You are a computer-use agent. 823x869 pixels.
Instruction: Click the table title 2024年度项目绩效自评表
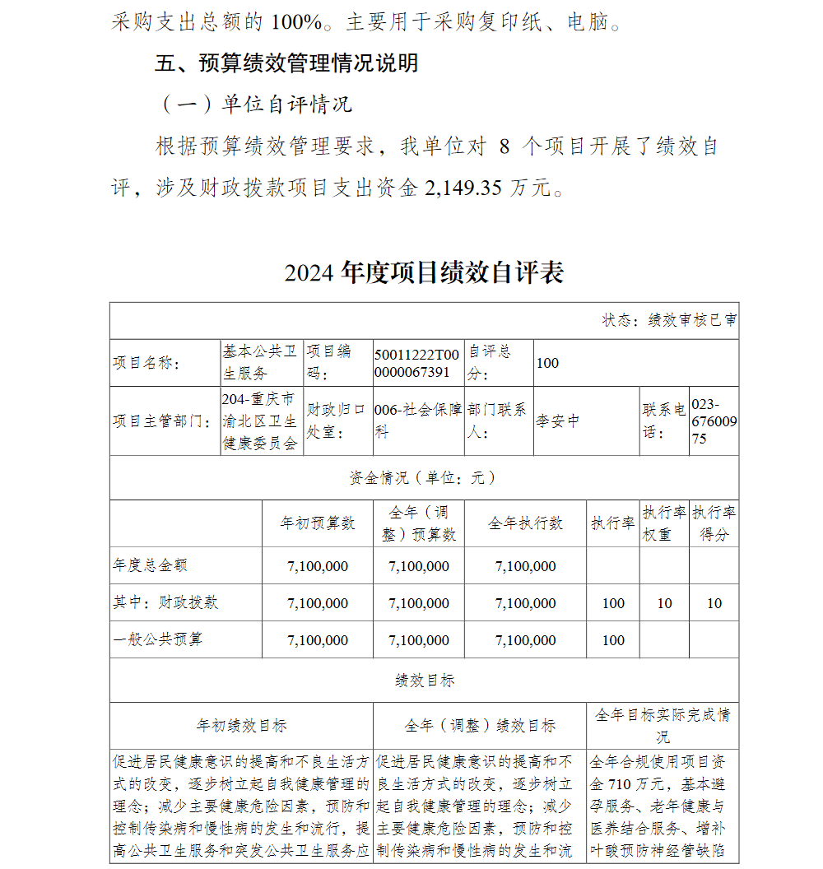coord(424,272)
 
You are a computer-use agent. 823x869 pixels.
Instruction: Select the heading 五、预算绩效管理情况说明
coord(286,63)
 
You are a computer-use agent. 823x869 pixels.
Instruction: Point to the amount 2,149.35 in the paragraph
coord(463,188)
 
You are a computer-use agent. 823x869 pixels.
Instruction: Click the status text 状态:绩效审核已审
coord(669,320)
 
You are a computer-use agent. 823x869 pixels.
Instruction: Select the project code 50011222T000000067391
coord(417,363)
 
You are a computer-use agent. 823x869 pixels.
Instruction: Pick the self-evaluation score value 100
coord(547,363)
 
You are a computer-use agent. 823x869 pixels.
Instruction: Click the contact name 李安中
coord(558,421)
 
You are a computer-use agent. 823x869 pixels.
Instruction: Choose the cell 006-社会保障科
coord(417,421)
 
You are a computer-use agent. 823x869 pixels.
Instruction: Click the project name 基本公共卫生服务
coord(260,362)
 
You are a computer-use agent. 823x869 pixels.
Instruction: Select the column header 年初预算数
coord(318,523)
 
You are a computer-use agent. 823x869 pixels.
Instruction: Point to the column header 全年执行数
coord(525,523)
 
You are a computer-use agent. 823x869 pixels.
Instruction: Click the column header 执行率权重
coord(664,523)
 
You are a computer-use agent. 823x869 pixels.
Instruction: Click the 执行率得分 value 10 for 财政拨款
coord(714,603)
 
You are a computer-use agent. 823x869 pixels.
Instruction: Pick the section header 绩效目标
coord(425,681)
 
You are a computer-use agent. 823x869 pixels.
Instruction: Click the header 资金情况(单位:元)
coord(423,478)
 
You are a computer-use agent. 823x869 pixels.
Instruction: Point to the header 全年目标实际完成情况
coord(663,724)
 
